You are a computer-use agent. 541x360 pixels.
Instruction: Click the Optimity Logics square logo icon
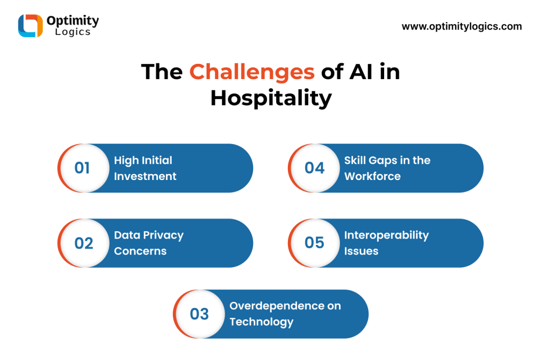pos(30,25)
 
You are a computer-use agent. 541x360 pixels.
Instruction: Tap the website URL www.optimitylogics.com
pos(462,26)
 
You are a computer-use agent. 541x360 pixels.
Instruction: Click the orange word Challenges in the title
pos(252,72)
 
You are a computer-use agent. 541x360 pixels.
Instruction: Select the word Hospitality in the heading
pos(271,98)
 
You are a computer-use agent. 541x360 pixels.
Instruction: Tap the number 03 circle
pos(199,314)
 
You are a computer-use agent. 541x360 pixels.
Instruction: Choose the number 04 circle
pos(314,168)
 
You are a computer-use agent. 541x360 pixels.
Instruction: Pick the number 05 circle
pos(314,243)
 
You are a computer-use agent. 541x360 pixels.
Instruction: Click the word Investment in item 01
pos(145,176)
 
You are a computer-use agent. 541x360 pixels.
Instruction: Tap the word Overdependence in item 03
pos(275,306)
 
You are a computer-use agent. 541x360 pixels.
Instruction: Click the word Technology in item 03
pos(262,322)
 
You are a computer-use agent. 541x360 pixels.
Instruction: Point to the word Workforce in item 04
pos(372,176)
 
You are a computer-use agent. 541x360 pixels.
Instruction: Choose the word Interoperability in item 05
pos(386,235)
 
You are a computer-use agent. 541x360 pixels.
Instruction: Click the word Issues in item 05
pos(361,251)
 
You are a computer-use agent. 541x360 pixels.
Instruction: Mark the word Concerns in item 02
pos(141,251)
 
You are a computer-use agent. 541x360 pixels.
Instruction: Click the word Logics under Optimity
pos(73,32)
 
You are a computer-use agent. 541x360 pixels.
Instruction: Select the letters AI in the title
pos(361,72)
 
